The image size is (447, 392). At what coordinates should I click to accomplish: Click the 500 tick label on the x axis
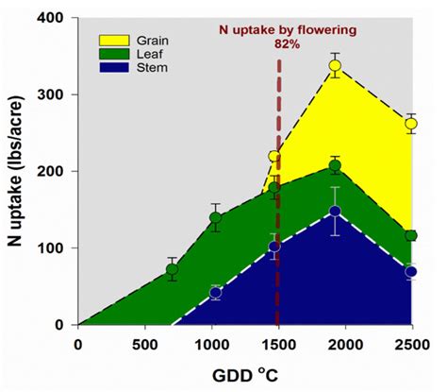(x=144, y=342)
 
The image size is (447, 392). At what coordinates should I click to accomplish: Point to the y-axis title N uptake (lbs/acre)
(x=16, y=172)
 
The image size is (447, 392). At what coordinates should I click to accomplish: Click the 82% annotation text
(x=280, y=43)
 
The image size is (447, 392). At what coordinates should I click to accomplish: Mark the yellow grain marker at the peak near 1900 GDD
(x=335, y=66)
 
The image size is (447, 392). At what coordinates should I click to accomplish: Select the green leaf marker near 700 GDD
(x=172, y=269)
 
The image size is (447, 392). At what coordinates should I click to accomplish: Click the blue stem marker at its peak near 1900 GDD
(x=335, y=212)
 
